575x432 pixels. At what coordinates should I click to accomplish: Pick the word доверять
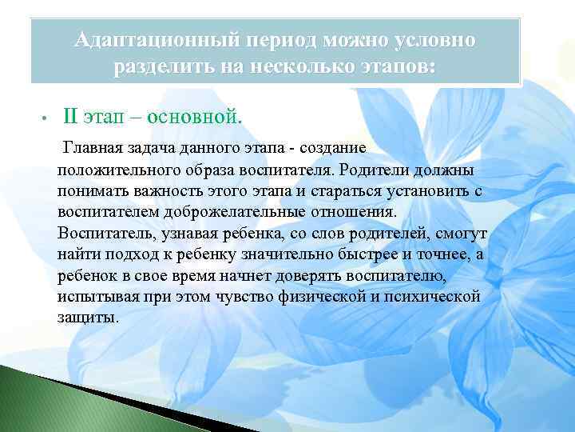coord(308,275)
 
